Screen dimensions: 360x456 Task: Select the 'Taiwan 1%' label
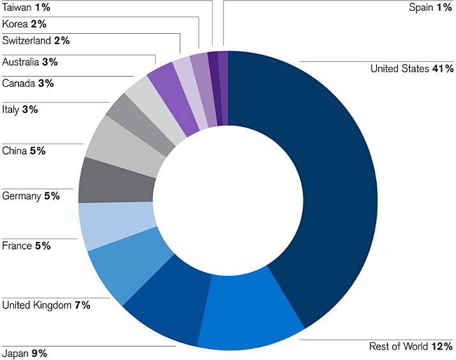click(x=25, y=8)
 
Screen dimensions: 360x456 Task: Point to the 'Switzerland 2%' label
click(x=36, y=40)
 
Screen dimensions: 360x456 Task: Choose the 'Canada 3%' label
click(x=28, y=83)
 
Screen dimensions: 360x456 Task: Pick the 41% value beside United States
click(x=442, y=68)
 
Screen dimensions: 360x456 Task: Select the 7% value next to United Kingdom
click(x=82, y=305)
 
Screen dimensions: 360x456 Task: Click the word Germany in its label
click(x=22, y=195)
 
